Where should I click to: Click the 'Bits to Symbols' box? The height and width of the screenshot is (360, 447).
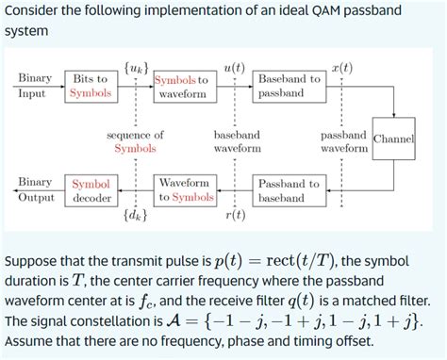pyautogui.click(x=90, y=86)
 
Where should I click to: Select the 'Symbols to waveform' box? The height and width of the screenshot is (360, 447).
pyautogui.click(x=182, y=87)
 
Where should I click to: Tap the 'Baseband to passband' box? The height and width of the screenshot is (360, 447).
pyautogui.click(x=289, y=86)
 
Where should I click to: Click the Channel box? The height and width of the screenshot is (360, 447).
pyautogui.click(x=394, y=139)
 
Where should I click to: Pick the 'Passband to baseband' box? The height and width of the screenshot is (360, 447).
pyautogui.click(x=289, y=190)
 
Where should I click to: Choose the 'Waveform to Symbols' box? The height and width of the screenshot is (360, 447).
pyautogui.click(x=186, y=189)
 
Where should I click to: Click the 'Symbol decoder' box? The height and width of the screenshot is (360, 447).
pyautogui.click(x=91, y=190)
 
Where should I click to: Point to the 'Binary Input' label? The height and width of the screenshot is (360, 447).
pyautogui.click(x=35, y=86)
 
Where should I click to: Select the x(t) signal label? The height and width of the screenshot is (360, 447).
pyautogui.click(x=341, y=68)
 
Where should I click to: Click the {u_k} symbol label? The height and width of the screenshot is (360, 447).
pyautogui.click(x=136, y=68)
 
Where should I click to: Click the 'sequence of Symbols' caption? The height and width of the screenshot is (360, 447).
pyautogui.click(x=135, y=141)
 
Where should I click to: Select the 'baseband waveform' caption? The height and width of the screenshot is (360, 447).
pyautogui.click(x=237, y=141)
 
